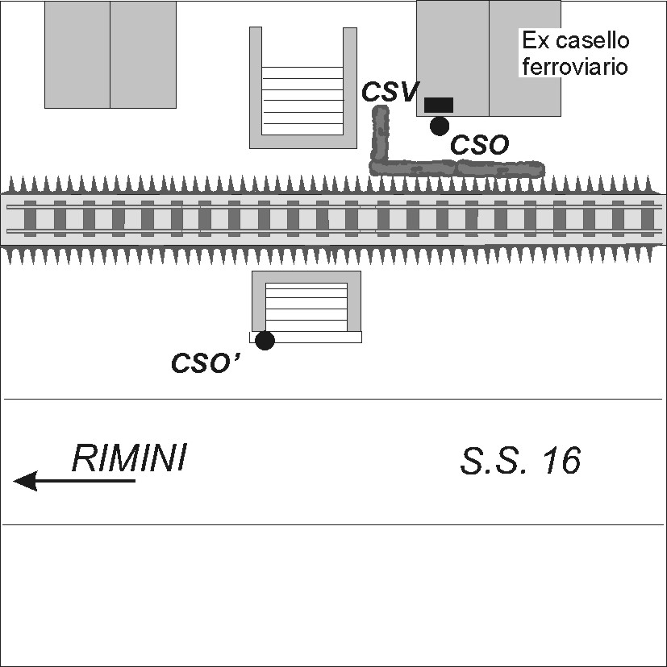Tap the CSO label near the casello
tap(479, 145)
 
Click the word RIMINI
tap(129, 458)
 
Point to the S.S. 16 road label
tap(520, 462)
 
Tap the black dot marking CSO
tap(440, 126)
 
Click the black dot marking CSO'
tap(265, 341)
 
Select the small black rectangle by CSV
tap(439, 105)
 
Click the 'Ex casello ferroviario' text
tap(574, 53)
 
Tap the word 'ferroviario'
tap(574, 66)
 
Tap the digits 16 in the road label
tap(561, 462)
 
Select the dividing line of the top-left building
tap(110, 54)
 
